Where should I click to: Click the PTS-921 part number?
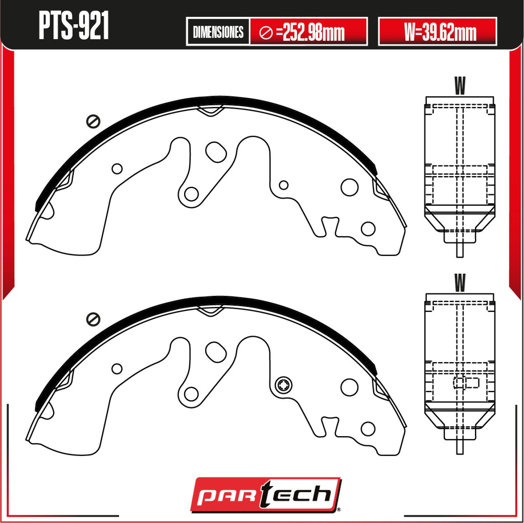point(74,26)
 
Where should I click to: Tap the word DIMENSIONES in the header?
point(218,32)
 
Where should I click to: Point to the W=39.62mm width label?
point(440,32)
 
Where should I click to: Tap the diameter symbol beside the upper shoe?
point(93,121)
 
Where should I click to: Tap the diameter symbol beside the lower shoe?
point(93,319)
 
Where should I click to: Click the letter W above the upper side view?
point(460,85)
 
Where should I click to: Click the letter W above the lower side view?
point(460,283)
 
